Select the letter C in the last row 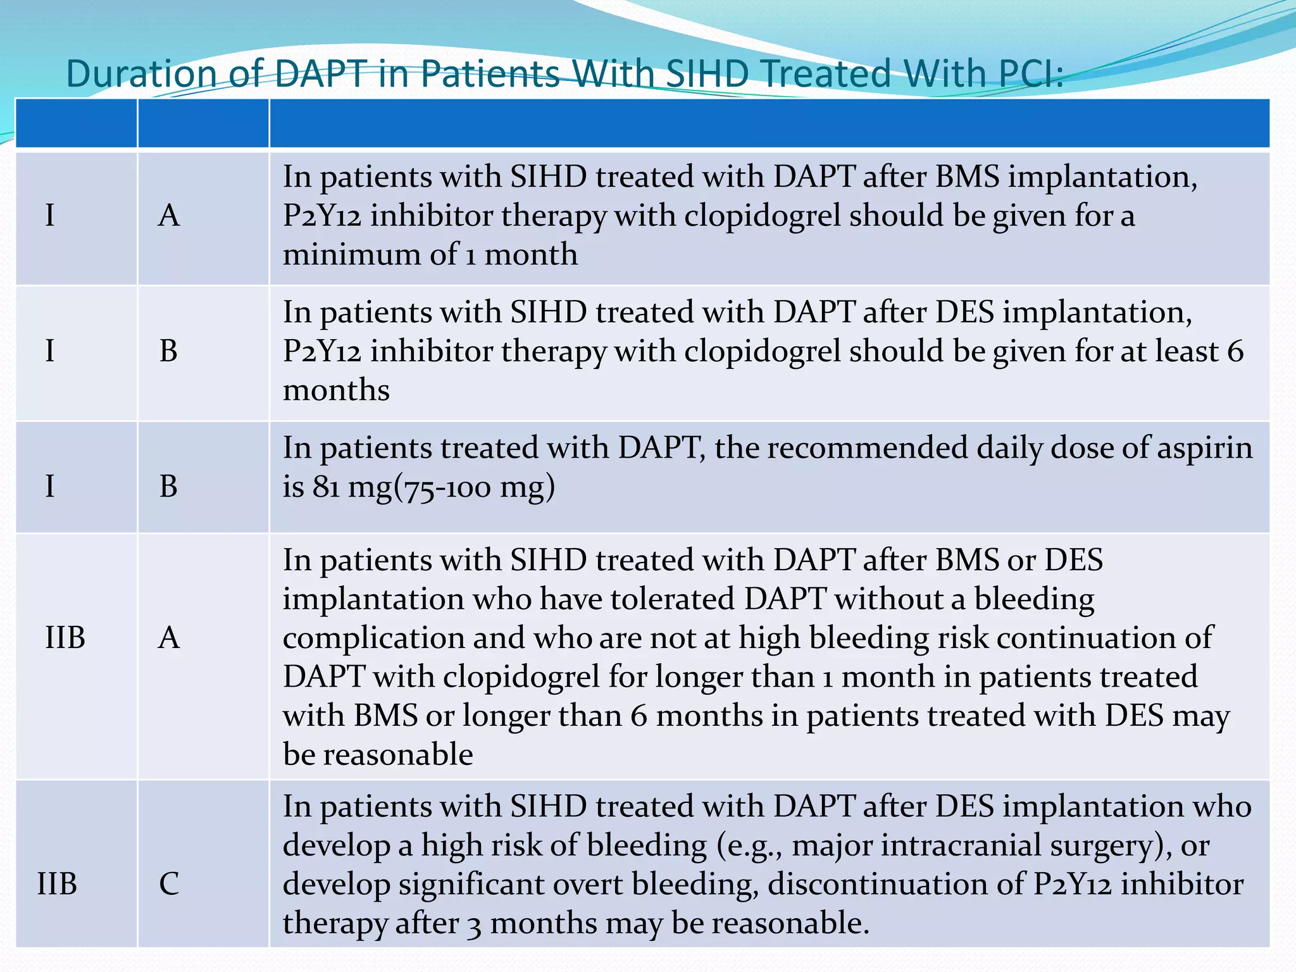169,883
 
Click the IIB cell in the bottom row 57,883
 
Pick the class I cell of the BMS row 50,215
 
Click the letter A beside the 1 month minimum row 169,215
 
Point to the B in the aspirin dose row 168,486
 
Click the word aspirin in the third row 1205,448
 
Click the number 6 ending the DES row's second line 1235,351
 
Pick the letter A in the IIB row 169,637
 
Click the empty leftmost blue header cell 76,123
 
